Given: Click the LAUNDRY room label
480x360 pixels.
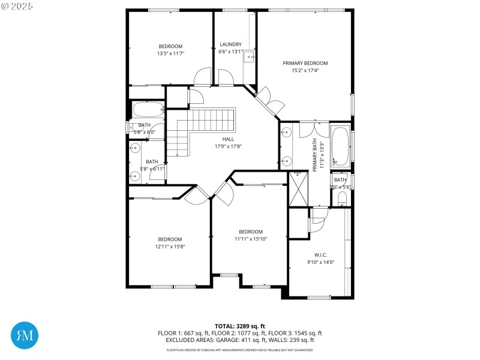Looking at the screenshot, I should (x=230, y=44).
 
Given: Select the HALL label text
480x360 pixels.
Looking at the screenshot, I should (x=228, y=139).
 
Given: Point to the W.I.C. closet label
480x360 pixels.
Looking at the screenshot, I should (x=320, y=254).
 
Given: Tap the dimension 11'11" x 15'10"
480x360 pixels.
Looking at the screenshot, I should (x=251, y=239).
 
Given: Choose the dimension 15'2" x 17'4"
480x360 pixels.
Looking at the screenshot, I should (x=305, y=70).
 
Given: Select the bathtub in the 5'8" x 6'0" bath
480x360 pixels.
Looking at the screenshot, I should (x=148, y=110).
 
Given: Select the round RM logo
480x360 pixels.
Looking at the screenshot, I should (x=25, y=335).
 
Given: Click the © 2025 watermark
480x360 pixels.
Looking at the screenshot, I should (x=17, y=7).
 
